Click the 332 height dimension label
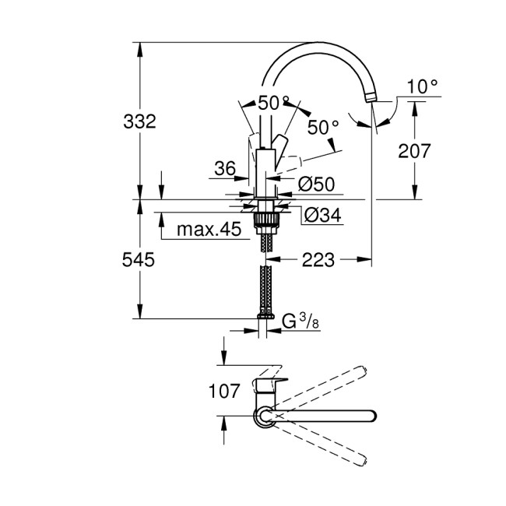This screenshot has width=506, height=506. pos(140,121)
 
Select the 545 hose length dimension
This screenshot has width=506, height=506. pos(140,259)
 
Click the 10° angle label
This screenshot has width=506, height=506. pos(422,86)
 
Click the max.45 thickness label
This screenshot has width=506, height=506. pos(208,230)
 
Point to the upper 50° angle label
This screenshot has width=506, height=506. pos(273,103)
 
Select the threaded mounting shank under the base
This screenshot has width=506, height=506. pos(265,221)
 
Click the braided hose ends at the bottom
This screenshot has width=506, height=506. pos(265,313)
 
